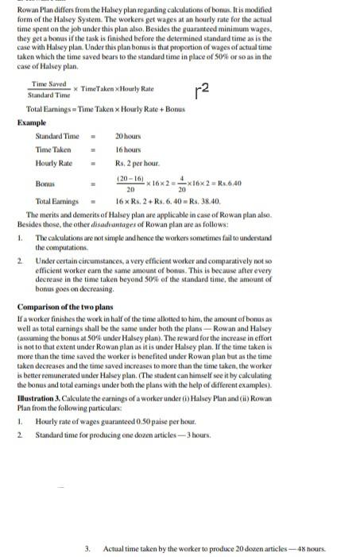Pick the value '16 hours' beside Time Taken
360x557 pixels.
[x=128, y=149]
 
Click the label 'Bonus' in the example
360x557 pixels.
[x=45, y=184]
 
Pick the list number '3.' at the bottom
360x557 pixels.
[x=87, y=548]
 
